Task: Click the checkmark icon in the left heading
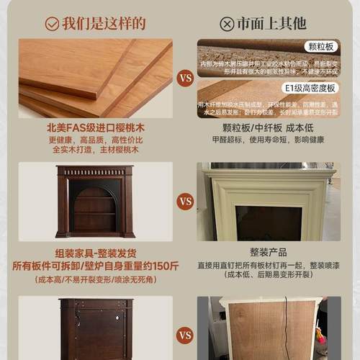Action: pos(52,23)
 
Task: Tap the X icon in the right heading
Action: pos(227,24)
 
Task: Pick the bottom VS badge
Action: pos(185,335)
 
